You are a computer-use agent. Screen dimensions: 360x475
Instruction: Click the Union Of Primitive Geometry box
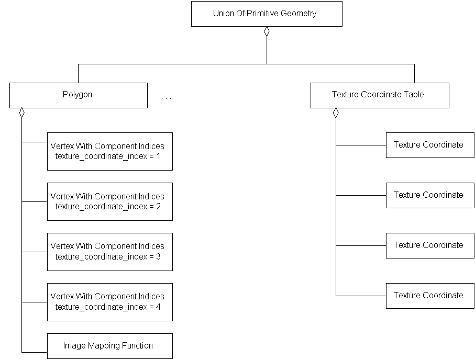point(267,14)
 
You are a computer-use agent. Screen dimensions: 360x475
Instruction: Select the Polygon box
point(78,95)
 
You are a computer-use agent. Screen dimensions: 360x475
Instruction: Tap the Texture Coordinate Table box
point(379,95)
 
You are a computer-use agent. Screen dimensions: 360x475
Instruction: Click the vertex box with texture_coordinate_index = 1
point(109,151)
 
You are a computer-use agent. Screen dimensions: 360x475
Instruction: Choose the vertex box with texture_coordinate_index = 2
point(109,201)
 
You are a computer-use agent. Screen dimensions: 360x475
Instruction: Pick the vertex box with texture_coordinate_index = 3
point(109,252)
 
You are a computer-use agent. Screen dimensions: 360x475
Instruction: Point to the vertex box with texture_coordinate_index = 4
point(109,302)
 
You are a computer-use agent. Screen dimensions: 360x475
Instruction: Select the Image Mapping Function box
point(109,346)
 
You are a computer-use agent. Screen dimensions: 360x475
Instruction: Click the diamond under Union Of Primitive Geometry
point(267,31)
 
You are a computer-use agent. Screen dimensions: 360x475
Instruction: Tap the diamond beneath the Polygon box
point(22,113)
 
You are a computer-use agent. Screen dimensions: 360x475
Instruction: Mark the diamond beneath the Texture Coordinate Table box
point(336,113)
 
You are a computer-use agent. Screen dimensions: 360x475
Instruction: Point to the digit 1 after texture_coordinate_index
point(158,156)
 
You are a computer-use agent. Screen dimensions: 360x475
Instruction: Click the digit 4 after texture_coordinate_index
point(158,307)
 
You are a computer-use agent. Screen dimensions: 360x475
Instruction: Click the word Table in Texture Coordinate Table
point(414,95)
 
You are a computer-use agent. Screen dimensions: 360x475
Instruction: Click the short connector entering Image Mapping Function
point(35,352)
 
